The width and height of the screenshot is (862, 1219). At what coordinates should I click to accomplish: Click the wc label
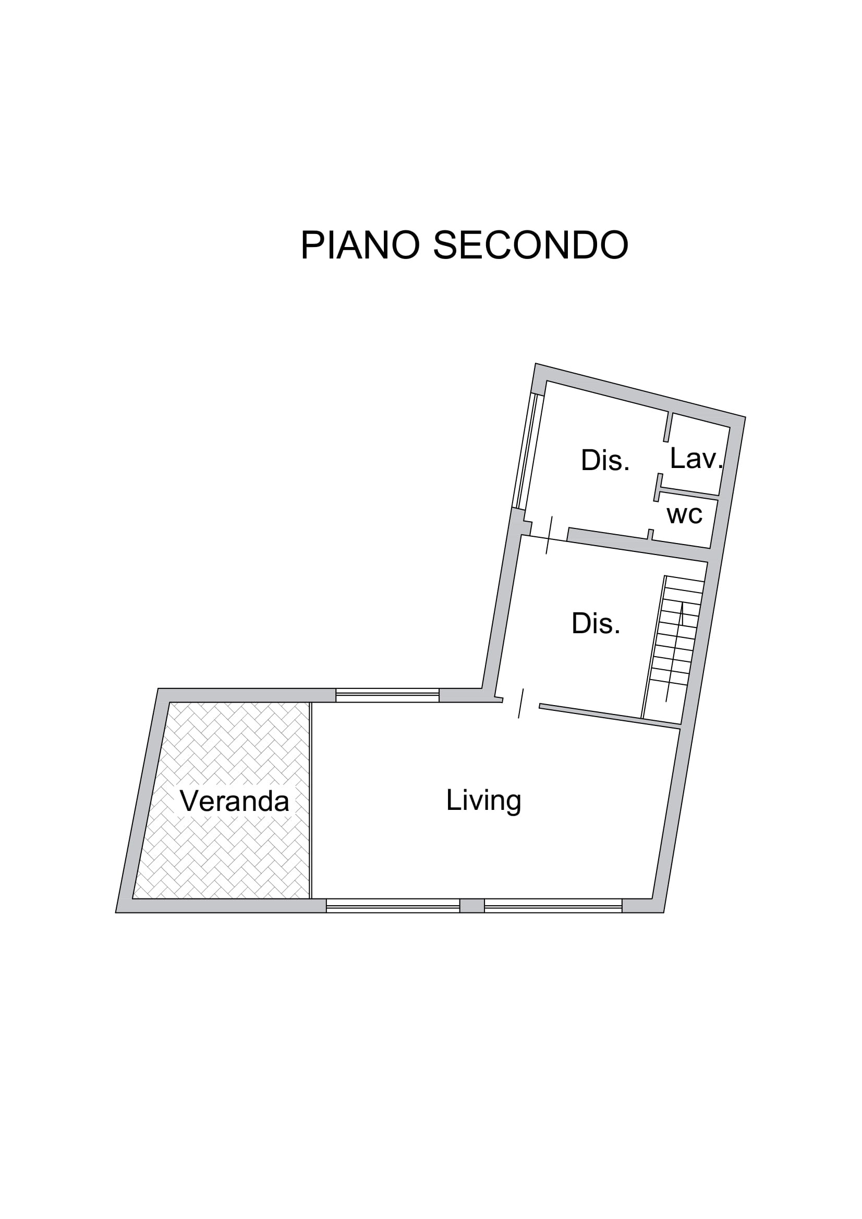(x=685, y=514)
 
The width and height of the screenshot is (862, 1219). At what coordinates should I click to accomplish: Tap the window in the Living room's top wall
(x=387, y=695)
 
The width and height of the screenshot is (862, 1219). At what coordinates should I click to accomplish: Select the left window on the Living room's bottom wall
(x=393, y=906)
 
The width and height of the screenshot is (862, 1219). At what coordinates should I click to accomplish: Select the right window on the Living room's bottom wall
(x=553, y=906)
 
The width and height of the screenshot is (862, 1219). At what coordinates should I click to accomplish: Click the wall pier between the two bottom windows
(x=472, y=906)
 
